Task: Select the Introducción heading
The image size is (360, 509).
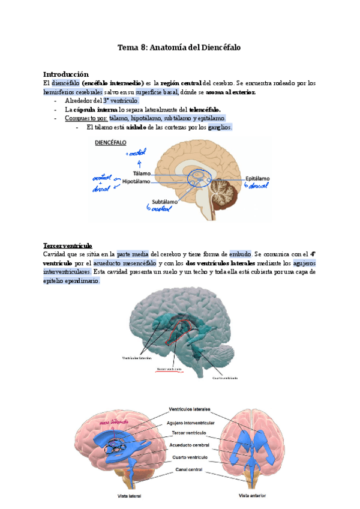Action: [x=67, y=74]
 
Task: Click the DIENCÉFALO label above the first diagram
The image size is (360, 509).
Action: [x=112, y=144]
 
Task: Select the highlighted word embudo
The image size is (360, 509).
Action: [x=241, y=254]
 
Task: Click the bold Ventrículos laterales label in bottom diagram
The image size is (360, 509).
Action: [x=189, y=410]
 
